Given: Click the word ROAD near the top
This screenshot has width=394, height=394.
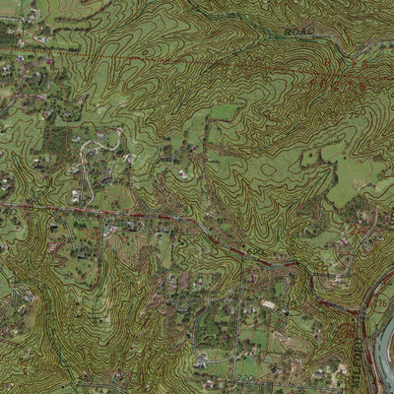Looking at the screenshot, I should (298, 33).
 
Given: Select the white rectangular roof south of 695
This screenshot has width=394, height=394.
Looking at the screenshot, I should (268, 306).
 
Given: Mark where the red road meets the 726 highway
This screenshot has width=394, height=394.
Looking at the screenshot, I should (361, 313).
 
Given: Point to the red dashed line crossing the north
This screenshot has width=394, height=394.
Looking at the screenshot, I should (197, 71).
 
